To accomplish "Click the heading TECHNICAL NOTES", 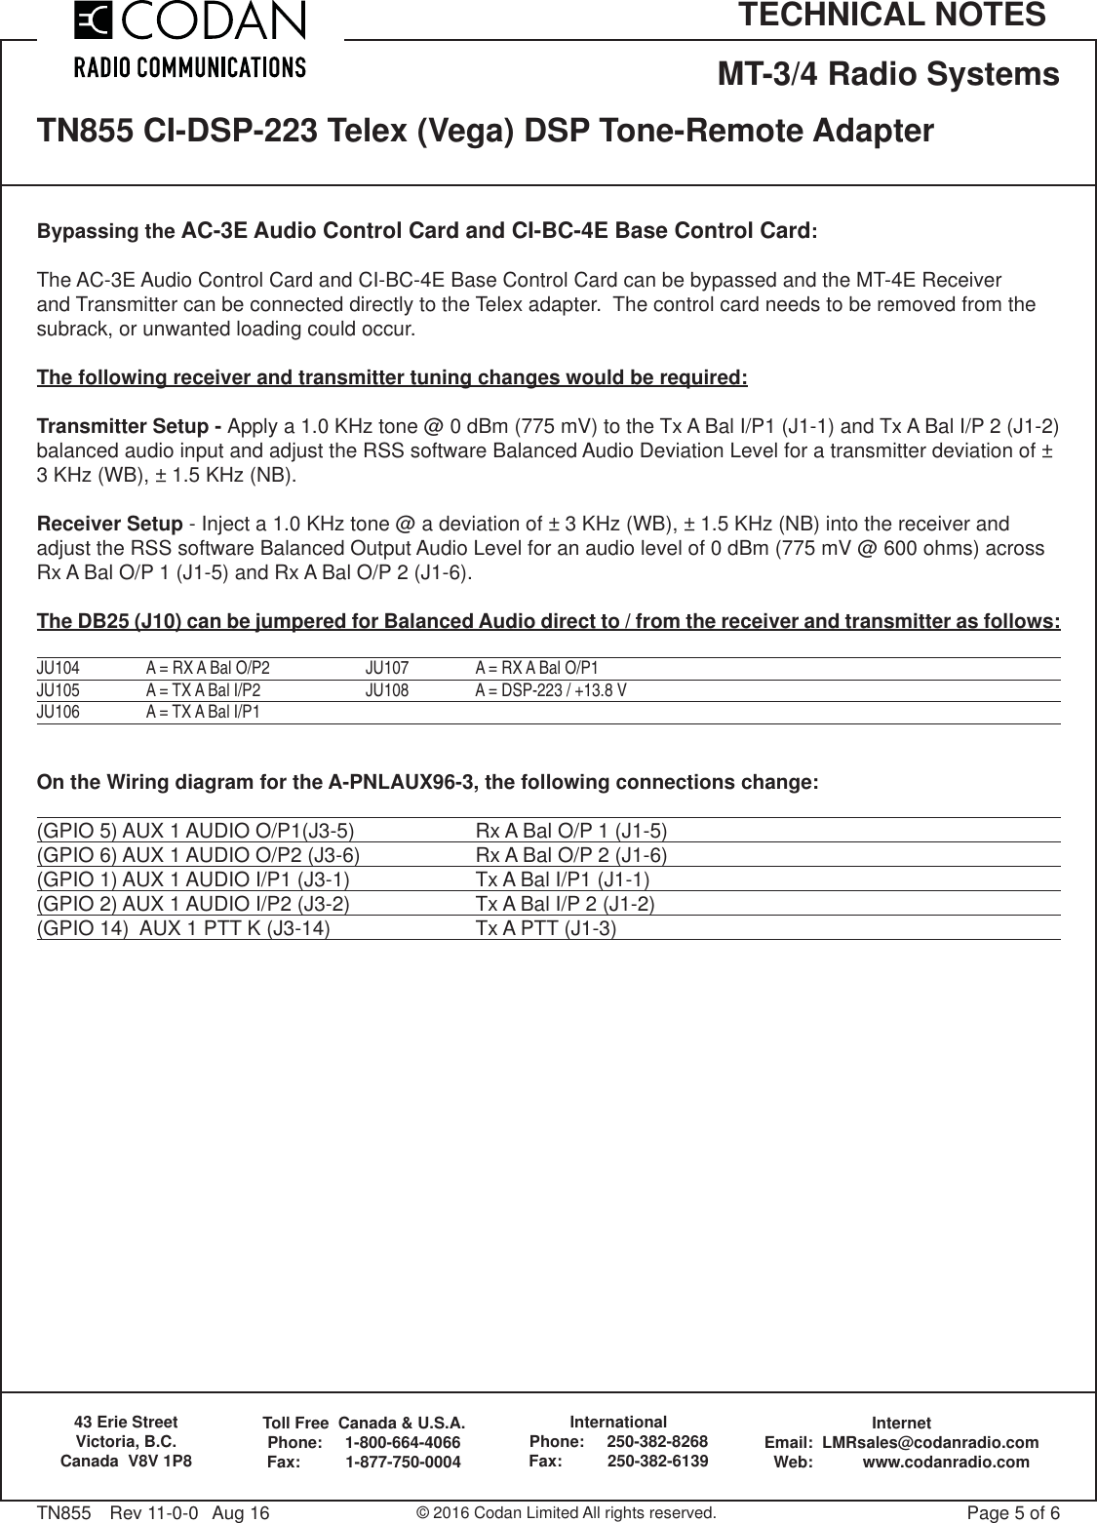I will [x=891, y=16].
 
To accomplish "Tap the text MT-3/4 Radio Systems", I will [x=888, y=74].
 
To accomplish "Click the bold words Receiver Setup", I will [x=109, y=524].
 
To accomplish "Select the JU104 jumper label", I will [x=59, y=669].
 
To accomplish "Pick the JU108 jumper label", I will [x=387, y=691].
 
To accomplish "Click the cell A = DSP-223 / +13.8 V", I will [x=551, y=691].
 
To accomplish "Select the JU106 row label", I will [x=59, y=713].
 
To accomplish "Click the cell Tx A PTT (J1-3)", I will [x=545, y=928].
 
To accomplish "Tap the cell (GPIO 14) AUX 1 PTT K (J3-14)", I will [x=182, y=928].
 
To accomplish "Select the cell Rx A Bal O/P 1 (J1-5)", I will [x=570, y=832].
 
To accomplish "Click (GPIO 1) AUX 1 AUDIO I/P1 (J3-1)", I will [x=193, y=880].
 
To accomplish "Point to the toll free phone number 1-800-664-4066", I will [x=403, y=1443].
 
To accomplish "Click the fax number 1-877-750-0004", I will [x=404, y=1463].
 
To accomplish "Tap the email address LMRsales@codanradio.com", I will [x=930, y=1442].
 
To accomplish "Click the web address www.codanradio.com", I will [x=946, y=1462].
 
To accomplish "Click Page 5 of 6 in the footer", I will [x=1012, y=1513].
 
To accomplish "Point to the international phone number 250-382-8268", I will [x=657, y=1441].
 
